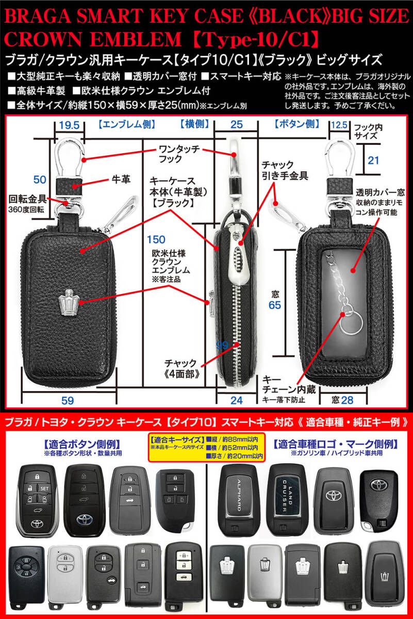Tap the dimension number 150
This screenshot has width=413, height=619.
[156, 239]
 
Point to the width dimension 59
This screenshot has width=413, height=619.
[68, 399]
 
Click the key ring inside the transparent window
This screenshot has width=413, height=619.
[346, 315]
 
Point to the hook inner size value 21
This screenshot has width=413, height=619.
[374, 161]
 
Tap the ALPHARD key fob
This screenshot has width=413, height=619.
[238, 499]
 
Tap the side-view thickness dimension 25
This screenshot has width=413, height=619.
[236, 125]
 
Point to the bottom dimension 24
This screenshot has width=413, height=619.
[237, 399]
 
